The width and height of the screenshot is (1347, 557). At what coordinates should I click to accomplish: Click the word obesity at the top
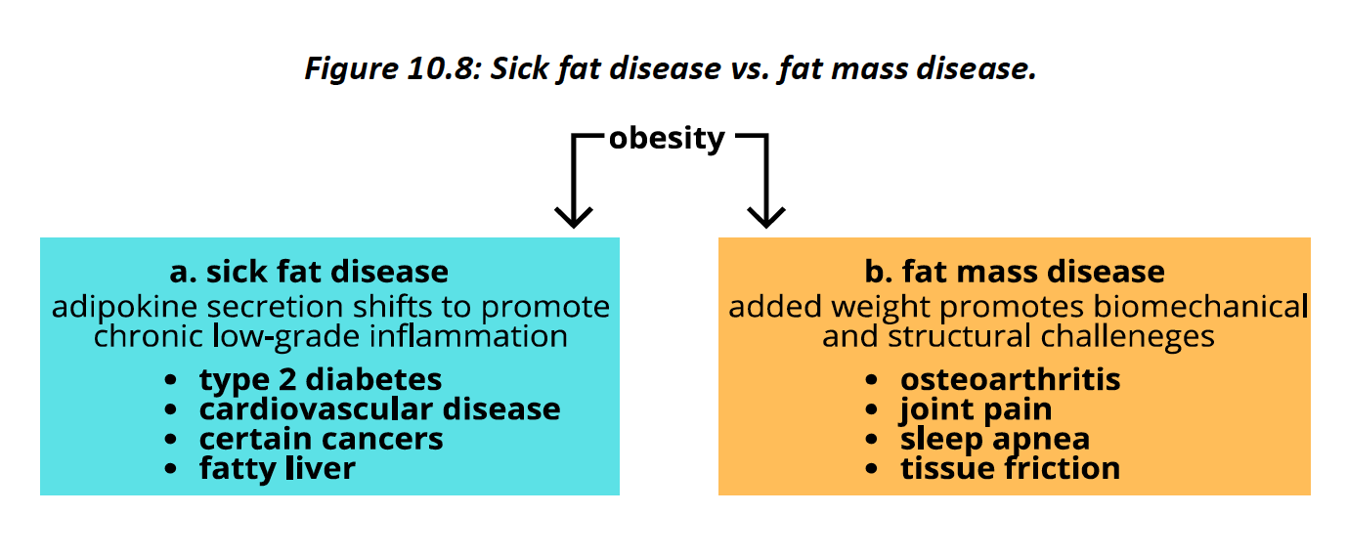(667, 139)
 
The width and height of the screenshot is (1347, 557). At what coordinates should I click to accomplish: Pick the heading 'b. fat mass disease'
(1015, 271)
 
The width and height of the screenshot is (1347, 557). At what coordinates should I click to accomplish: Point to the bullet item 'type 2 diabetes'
(321, 379)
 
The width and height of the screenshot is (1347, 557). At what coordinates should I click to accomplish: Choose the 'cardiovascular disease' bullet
(379, 408)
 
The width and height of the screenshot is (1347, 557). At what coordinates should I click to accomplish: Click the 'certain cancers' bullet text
(321, 439)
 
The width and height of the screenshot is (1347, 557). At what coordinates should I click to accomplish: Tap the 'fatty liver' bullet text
(277, 468)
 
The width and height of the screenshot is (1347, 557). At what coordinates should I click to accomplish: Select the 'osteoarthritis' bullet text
(1010, 379)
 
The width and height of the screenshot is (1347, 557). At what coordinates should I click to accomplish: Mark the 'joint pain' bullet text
(976, 408)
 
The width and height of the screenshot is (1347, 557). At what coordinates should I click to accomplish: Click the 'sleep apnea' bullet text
(994, 439)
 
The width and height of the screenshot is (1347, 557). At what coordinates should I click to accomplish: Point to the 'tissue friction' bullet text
(1010, 468)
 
